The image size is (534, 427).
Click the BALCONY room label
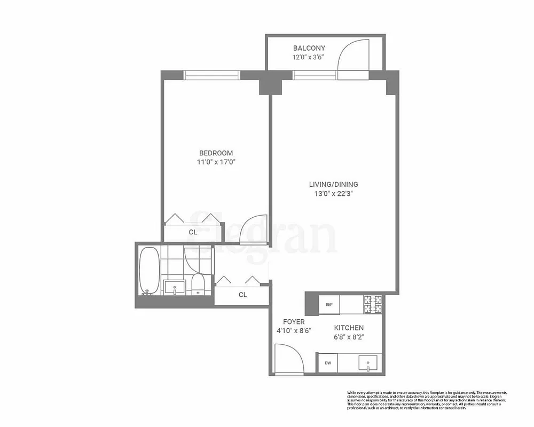point(309,48)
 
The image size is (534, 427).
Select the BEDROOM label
point(216,153)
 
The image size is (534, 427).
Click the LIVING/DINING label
point(333,185)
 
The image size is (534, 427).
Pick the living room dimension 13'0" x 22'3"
point(333,194)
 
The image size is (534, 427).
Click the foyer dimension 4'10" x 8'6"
point(294,330)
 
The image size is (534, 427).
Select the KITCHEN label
point(349,328)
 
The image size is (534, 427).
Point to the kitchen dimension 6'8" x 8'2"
point(349,336)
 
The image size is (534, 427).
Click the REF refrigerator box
point(329,304)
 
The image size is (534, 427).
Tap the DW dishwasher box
point(327,363)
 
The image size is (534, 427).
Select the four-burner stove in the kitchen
point(373,304)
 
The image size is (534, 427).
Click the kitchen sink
point(368,363)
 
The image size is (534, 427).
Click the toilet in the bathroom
point(198,285)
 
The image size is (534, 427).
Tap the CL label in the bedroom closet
point(193,232)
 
